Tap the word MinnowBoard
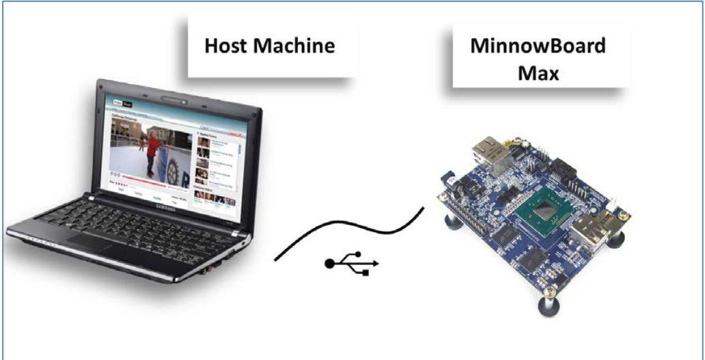(538, 47)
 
